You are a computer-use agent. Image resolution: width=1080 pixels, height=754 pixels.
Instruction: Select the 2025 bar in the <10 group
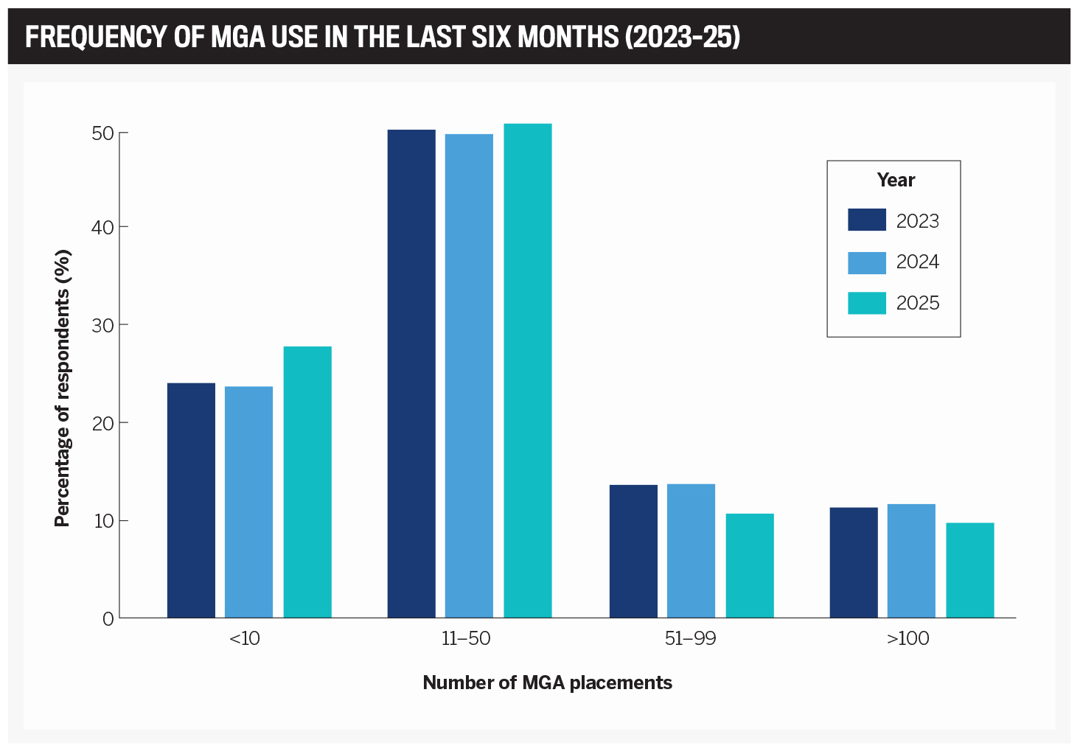(307, 482)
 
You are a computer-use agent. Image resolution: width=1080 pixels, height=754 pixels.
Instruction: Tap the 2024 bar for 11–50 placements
(469, 376)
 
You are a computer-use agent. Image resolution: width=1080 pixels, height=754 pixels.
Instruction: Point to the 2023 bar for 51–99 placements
(633, 551)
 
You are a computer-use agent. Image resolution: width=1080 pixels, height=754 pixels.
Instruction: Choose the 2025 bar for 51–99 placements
(750, 565)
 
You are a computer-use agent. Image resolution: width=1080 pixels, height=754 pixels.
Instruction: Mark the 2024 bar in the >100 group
(911, 561)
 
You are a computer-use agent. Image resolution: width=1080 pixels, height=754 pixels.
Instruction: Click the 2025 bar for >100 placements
(970, 570)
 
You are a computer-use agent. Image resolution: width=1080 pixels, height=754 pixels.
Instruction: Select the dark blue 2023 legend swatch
(867, 220)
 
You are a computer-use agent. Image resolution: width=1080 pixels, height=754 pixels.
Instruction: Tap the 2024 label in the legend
(918, 262)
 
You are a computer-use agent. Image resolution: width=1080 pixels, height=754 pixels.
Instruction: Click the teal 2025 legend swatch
(867, 303)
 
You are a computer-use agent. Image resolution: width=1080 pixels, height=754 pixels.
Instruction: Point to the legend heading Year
(896, 181)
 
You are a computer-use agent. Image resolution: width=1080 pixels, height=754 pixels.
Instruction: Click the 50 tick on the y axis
(102, 133)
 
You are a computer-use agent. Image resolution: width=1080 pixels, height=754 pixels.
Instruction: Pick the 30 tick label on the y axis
(102, 325)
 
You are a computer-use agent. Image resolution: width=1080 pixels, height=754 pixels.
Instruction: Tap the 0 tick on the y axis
(108, 618)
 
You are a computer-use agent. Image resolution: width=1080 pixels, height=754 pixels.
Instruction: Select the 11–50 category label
(466, 639)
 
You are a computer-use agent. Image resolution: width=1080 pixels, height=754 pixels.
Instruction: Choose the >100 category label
(908, 639)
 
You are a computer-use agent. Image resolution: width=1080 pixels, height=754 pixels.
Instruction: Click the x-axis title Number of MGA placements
(547, 683)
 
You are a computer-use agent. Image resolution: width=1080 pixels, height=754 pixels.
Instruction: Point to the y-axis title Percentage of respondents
(63, 389)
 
